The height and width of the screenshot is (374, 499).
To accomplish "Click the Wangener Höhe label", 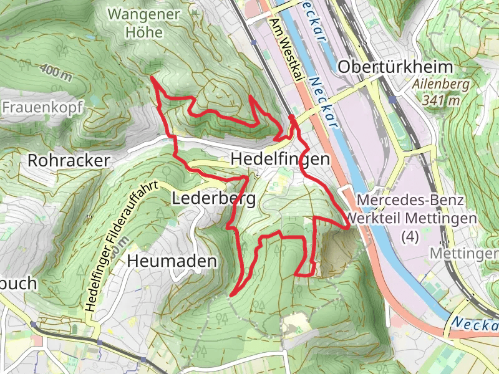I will coord(135,22).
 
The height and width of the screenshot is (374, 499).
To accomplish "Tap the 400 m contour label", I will coord(57,72).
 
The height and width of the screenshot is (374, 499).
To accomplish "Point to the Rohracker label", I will coord(69,160).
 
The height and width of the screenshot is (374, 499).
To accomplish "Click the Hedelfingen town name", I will coord(280,160).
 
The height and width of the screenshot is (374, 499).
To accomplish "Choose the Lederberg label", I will coord(213,199).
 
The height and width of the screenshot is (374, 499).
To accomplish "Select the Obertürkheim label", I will coord(385,67).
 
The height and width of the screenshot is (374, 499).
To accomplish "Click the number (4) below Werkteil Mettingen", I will coord(410,236).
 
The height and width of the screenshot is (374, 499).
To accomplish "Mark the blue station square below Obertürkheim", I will coord(392,100).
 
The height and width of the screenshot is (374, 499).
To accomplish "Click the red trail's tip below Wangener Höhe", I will coord(152,77).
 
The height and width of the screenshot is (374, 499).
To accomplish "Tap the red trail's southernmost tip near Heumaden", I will coord(231,295).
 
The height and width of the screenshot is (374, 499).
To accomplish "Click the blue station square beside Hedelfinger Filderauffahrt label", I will coord(100,342).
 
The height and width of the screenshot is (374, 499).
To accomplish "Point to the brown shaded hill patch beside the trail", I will coord(337,249).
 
